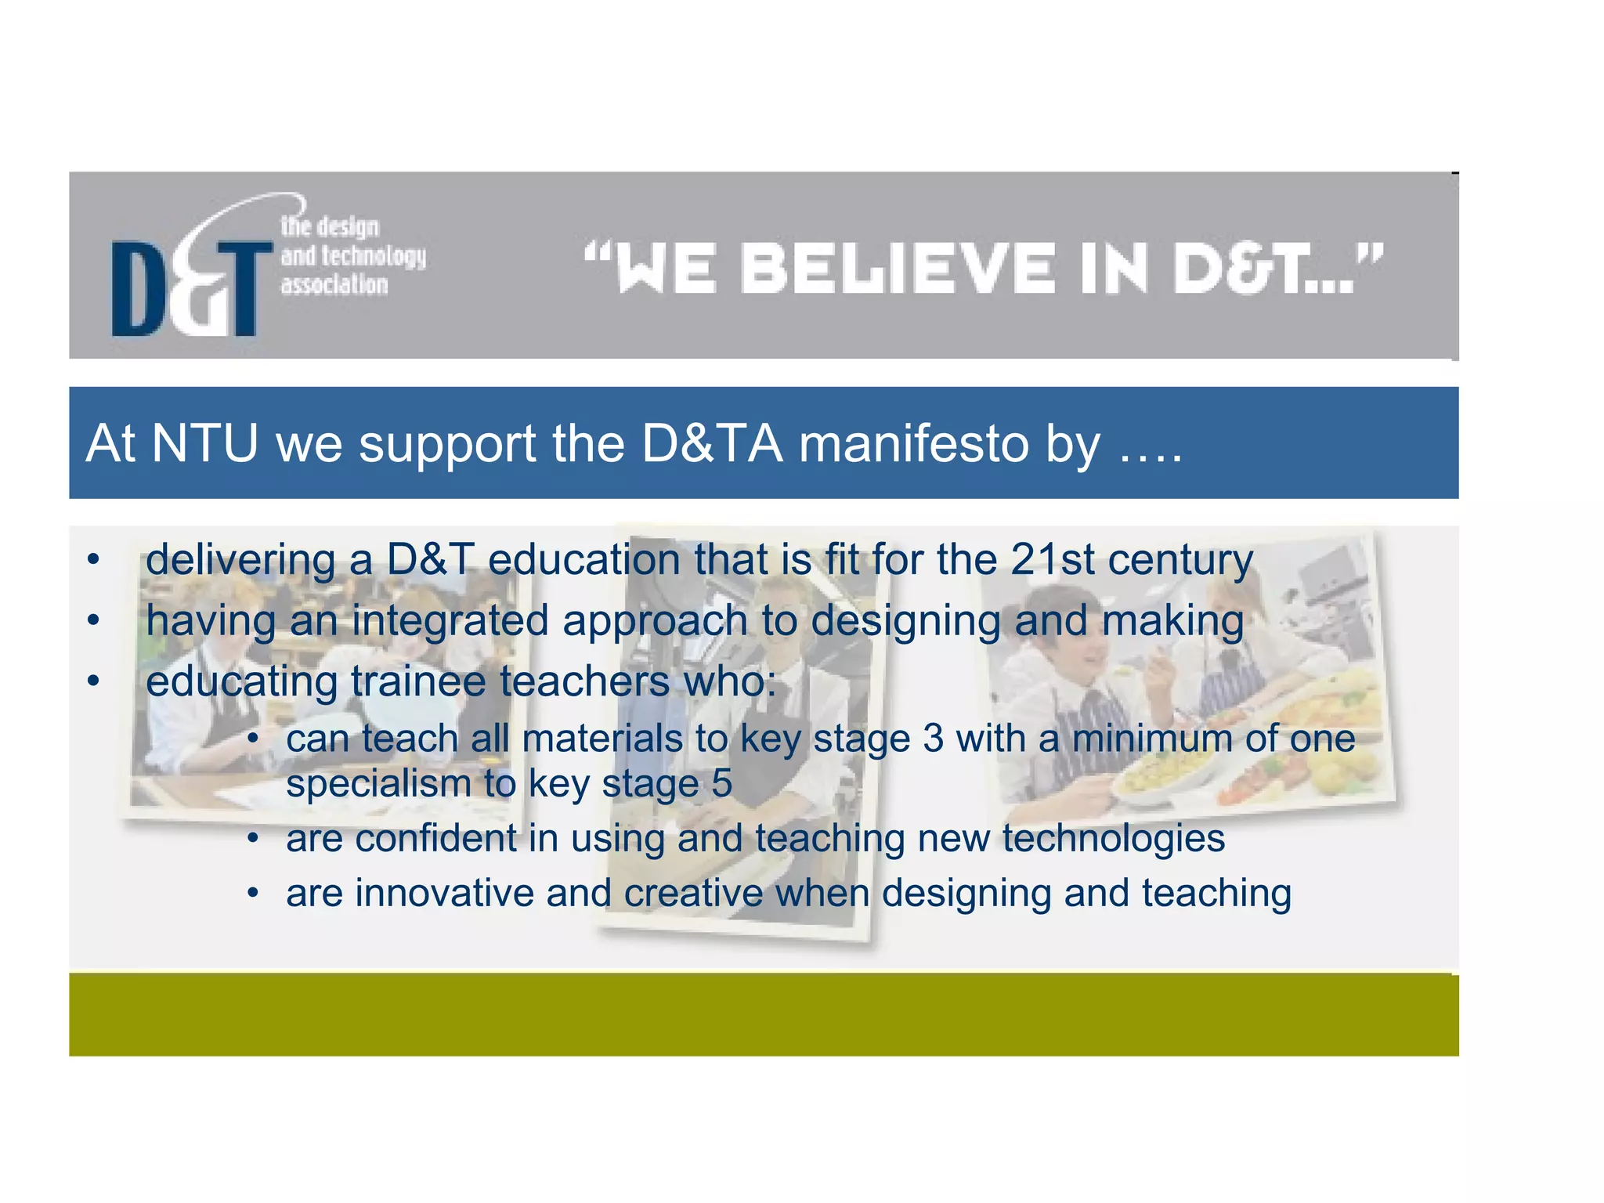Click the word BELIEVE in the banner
(898, 269)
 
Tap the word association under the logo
(334, 284)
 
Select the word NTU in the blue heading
(204, 443)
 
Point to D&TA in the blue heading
(711, 443)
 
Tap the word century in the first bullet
(1180, 561)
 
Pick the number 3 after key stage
(933, 739)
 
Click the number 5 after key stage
(721, 783)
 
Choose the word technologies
(1113, 838)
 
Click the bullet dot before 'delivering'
(94, 560)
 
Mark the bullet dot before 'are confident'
(252, 839)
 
